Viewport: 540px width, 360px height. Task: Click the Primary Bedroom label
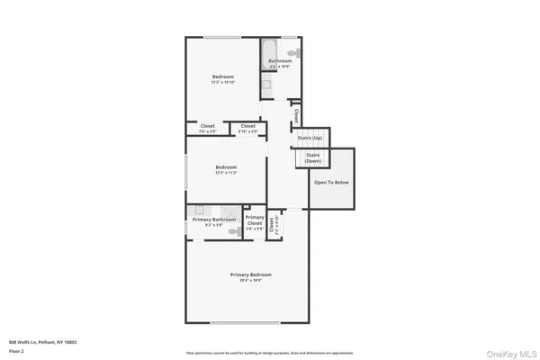click(x=250, y=274)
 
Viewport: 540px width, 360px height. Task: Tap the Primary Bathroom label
click(x=213, y=220)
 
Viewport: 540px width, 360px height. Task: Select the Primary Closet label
click(x=255, y=220)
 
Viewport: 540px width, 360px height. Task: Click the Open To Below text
click(x=330, y=182)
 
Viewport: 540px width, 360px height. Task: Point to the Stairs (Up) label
click(x=310, y=138)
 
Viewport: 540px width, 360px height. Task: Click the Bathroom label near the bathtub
click(x=280, y=61)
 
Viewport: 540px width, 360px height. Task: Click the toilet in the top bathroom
click(x=293, y=54)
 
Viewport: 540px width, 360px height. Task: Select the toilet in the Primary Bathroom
click(x=232, y=231)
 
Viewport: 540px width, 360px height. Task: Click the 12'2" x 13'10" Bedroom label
click(x=223, y=77)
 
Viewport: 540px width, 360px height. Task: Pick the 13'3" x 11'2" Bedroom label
click(x=226, y=167)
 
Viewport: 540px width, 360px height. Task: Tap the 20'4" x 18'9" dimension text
click(x=250, y=281)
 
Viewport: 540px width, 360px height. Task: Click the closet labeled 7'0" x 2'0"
click(x=207, y=129)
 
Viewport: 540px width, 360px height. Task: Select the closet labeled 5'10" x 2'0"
click(x=247, y=129)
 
